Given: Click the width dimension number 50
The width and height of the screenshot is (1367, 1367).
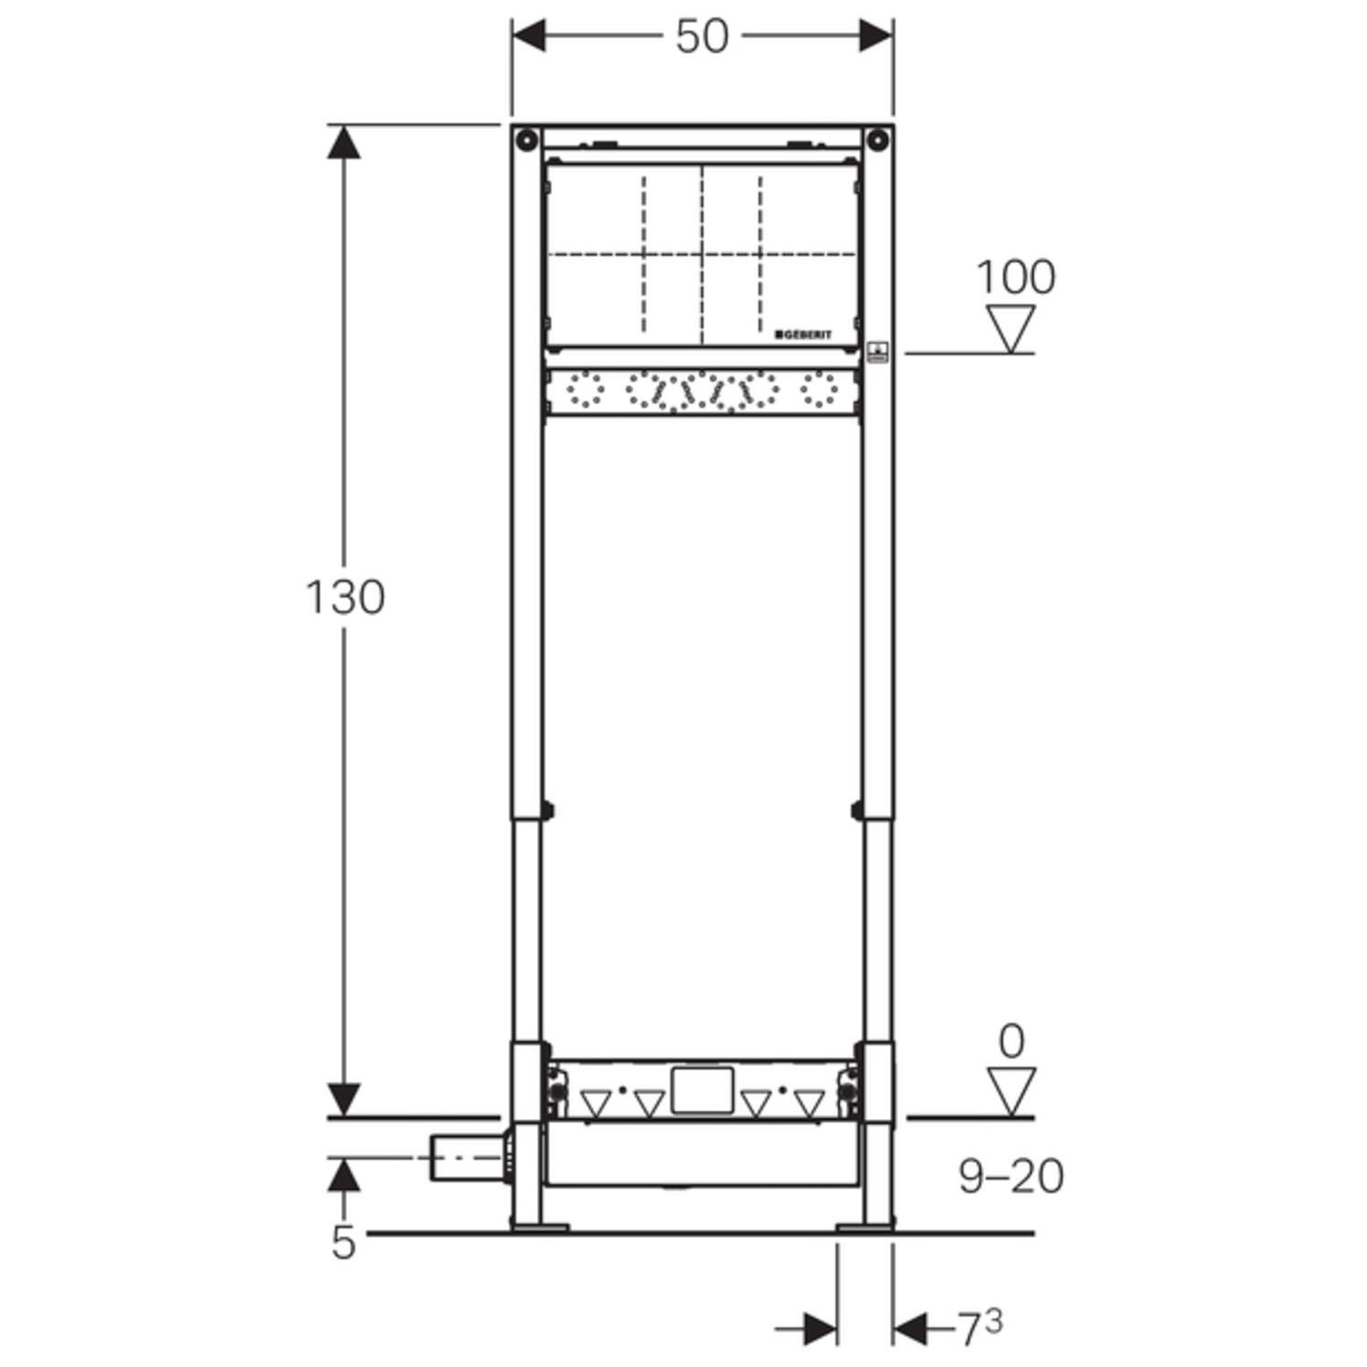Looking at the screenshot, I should click(x=702, y=37).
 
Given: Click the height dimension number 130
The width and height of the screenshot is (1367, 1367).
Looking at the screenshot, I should click(x=344, y=598).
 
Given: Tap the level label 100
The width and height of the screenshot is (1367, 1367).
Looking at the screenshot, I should click(x=1015, y=277).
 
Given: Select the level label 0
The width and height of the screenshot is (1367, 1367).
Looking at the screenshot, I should click(x=1011, y=1042).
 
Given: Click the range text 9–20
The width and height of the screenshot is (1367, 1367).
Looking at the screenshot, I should click(x=1011, y=1176).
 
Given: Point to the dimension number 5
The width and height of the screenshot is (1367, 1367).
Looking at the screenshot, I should click(x=343, y=1244).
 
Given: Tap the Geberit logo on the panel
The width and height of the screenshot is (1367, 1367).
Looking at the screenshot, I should click(x=803, y=334).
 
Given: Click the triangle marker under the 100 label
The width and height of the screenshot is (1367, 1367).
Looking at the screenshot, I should click(x=1011, y=328).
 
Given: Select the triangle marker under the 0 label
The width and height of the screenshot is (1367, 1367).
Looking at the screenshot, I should click(x=1011, y=1091).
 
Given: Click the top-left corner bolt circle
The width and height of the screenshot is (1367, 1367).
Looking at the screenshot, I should click(x=526, y=141).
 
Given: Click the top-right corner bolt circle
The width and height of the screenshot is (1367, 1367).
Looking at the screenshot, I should click(x=877, y=141).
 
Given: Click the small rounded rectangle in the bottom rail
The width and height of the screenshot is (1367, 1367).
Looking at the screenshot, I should click(x=702, y=1090).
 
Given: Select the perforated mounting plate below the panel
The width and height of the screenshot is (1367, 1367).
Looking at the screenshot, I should click(x=702, y=391).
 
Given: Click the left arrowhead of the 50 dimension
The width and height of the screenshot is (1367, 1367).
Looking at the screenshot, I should click(x=529, y=37).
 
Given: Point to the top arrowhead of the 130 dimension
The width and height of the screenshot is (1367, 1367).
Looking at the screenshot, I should click(x=344, y=142).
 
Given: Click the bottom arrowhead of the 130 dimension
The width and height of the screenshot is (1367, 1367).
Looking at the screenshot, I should click(x=344, y=1098).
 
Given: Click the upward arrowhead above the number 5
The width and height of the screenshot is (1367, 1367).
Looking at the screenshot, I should click(x=344, y=1174).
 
